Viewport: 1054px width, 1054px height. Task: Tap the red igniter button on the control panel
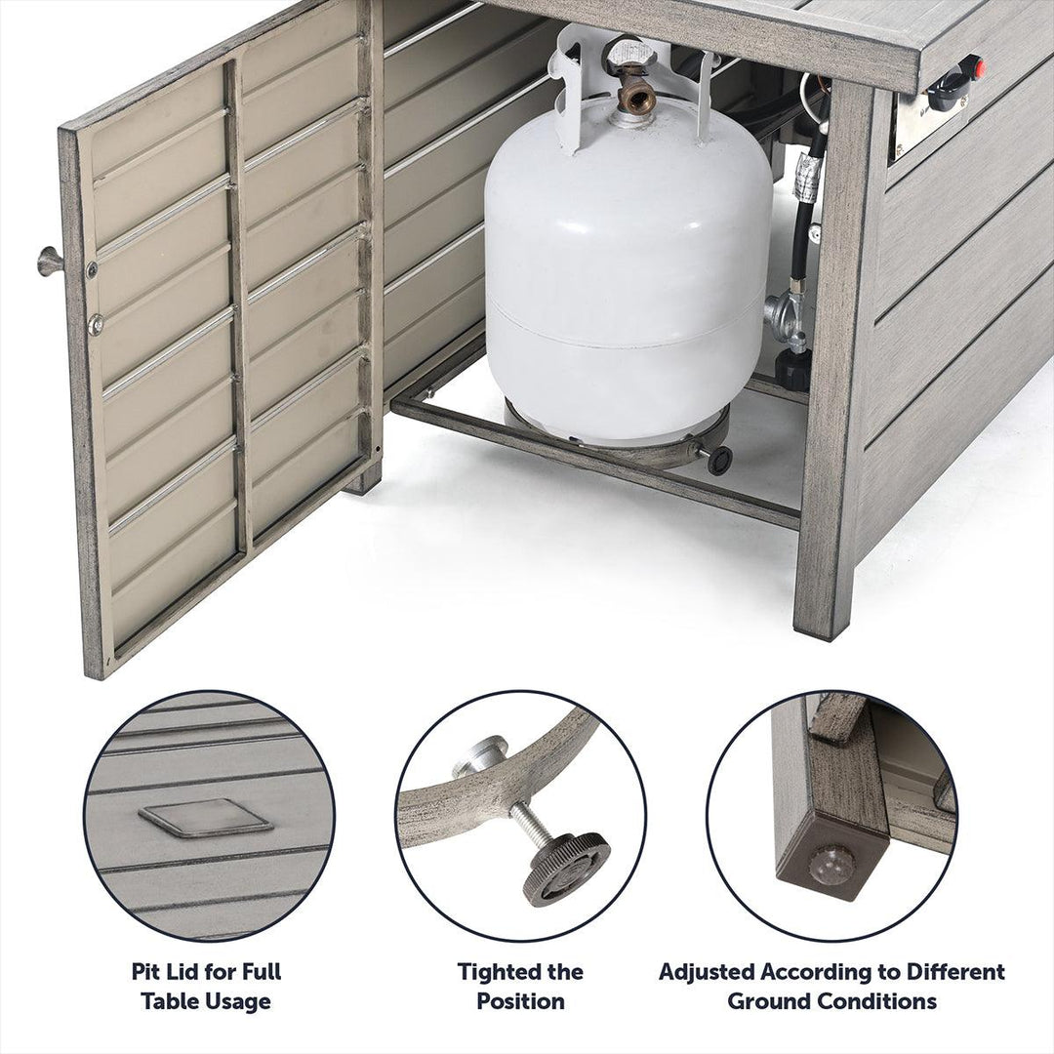click(x=978, y=66)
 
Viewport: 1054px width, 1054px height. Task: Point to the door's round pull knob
click(x=49, y=261)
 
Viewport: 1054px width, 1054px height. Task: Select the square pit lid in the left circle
click(x=205, y=818)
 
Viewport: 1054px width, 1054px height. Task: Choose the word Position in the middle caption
click(x=520, y=1001)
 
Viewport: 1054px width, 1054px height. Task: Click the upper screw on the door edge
click(x=92, y=270)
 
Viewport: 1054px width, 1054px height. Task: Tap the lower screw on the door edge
click(x=96, y=323)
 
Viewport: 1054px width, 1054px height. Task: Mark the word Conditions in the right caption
click(x=872, y=1001)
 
